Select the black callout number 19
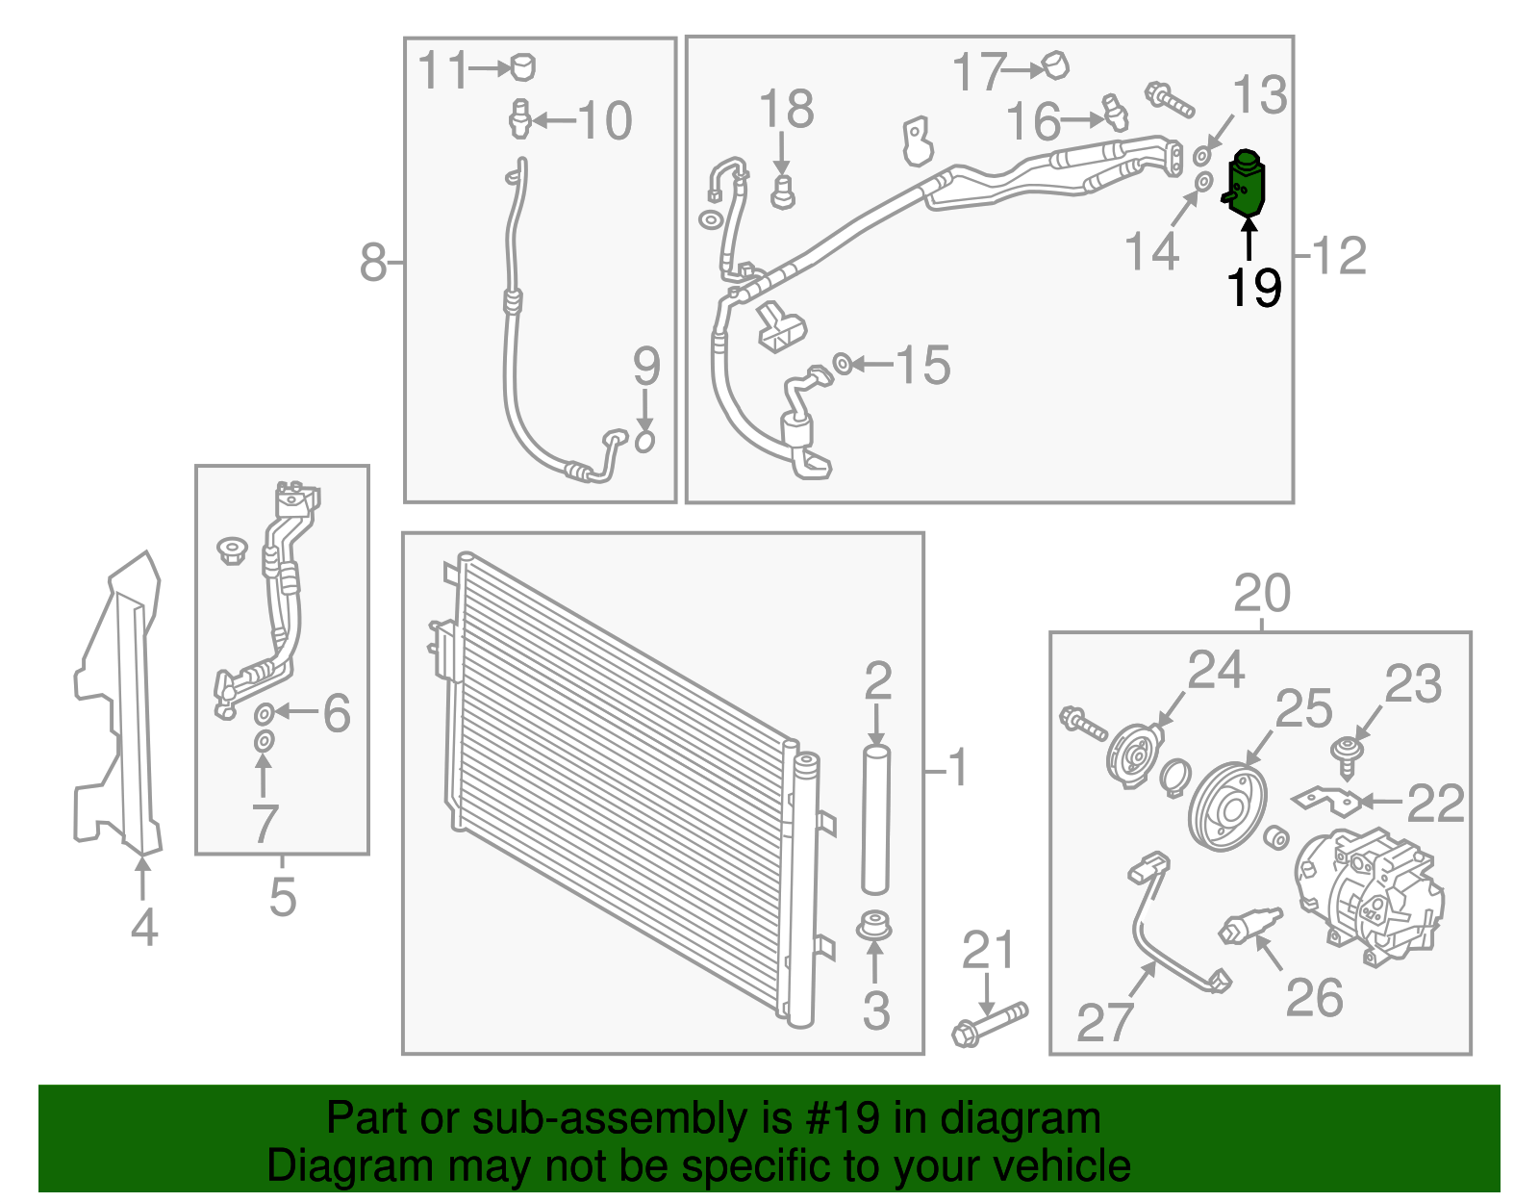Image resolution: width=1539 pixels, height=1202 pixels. pos(1253,287)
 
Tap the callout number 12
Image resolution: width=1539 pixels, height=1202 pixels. pos(1339,255)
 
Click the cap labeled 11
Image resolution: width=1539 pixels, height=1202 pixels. pos(522,66)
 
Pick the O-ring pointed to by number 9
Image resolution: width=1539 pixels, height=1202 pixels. pos(644,441)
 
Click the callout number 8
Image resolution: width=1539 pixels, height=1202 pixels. pos(373,262)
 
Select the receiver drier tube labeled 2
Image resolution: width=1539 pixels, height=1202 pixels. pos(875,818)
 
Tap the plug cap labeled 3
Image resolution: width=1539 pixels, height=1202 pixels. pos(874,928)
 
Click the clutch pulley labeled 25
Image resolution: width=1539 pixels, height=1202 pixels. pos(1226,806)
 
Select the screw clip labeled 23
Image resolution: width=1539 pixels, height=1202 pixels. pos(1350,753)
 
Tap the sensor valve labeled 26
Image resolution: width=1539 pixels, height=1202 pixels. pos(1249,925)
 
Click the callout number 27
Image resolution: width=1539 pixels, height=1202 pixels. pos(1105,1021)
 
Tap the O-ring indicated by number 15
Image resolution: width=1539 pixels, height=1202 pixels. pos(841,364)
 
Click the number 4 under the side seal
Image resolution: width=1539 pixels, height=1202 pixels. pos(143,928)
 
